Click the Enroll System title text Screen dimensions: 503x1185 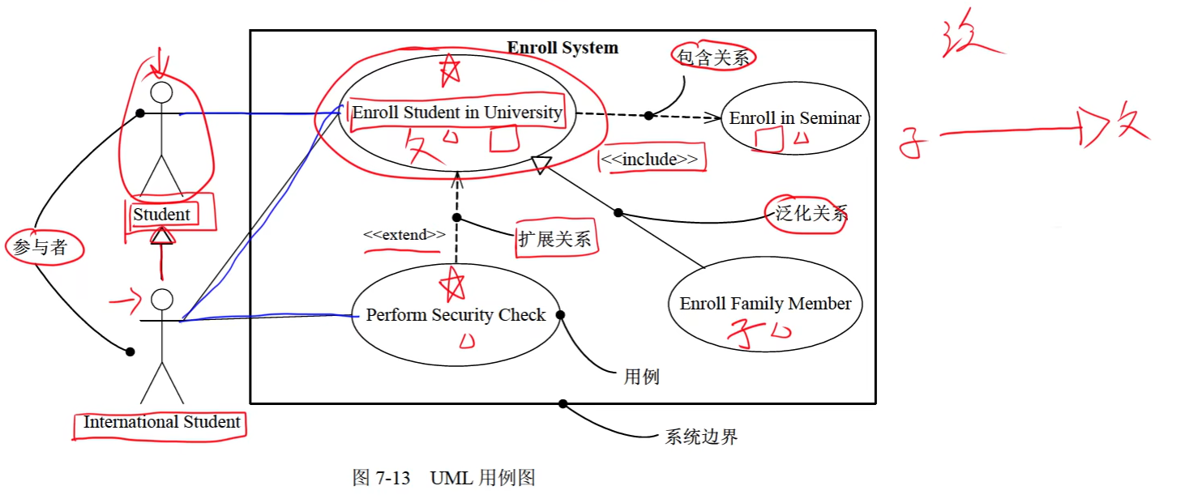563,48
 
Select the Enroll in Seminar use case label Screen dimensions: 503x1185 795,118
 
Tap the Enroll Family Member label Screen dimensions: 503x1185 765,304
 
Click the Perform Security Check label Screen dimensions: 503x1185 456,315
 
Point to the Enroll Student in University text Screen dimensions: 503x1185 456,113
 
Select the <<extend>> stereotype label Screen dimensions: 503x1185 404,235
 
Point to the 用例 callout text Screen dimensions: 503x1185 641,377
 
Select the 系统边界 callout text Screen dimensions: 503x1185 701,437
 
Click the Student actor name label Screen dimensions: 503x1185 161,215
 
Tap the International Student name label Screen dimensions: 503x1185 161,422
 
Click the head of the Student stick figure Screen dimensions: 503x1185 162,92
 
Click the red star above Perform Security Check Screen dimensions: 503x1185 451,284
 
